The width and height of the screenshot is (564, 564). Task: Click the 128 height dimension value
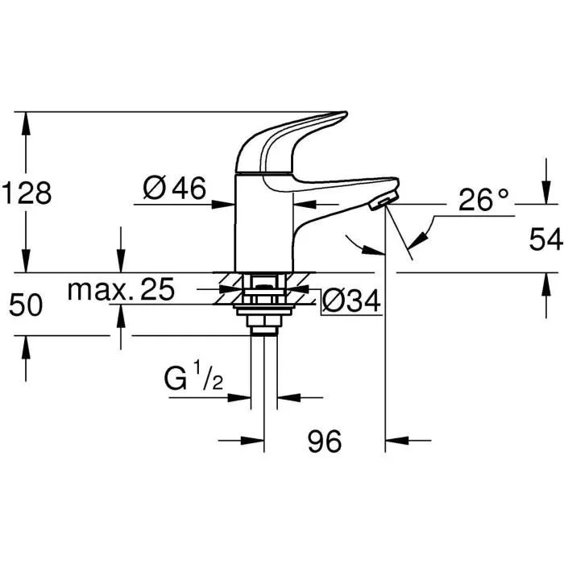pyautogui.click(x=27, y=194)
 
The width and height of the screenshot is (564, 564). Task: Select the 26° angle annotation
pyautogui.click(x=484, y=199)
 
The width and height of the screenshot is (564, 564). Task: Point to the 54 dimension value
pyautogui.click(x=545, y=239)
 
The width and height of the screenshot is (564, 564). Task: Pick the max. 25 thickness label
pyautogui.click(x=121, y=289)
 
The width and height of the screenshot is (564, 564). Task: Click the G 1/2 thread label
pyautogui.click(x=194, y=379)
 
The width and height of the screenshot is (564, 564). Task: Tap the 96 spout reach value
pyautogui.click(x=325, y=441)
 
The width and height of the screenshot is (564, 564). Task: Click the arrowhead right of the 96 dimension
pyautogui.click(x=395, y=441)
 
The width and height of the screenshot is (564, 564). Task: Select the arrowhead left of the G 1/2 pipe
pyautogui.click(x=243, y=396)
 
